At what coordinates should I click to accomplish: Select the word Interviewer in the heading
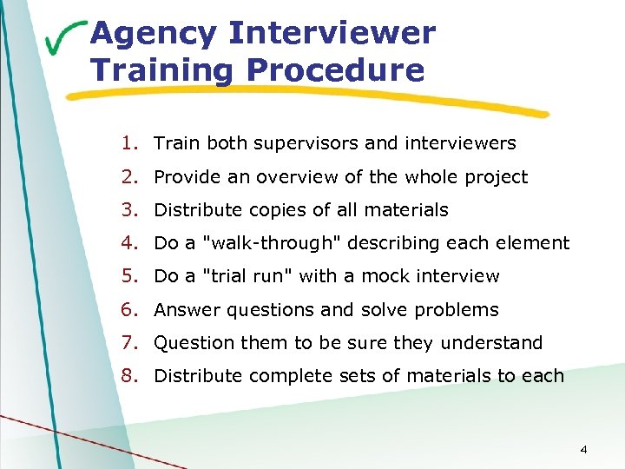pyautogui.click(x=331, y=34)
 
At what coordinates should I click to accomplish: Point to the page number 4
pyautogui.click(x=583, y=449)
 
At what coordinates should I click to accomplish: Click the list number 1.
pyautogui.click(x=129, y=143)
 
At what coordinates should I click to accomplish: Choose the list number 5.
pyautogui.click(x=129, y=276)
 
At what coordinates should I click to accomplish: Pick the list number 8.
pyautogui.click(x=129, y=376)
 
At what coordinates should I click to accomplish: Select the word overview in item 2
pyautogui.click(x=263, y=177)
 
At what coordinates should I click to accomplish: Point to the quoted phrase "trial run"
pyautogui.click(x=249, y=276)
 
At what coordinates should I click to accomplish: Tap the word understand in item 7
pyautogui.click(x=491, y=343)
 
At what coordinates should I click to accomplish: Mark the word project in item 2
pyautogui.click(x=496, y=177)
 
